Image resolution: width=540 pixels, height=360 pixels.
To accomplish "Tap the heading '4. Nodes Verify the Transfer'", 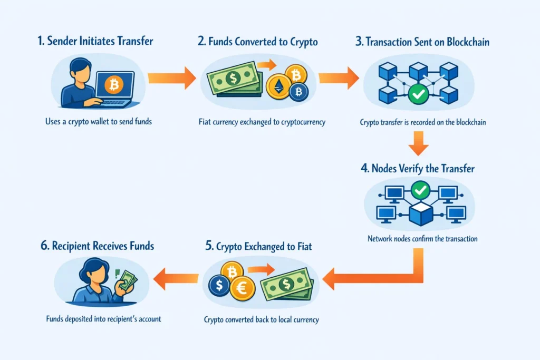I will click(418, 169).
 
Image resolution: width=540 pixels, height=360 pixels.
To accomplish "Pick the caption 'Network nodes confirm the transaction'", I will click(422, 239).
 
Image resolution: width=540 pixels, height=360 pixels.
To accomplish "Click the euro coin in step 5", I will click(242, 288).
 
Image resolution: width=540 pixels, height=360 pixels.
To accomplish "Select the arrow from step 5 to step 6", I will click(175, 279).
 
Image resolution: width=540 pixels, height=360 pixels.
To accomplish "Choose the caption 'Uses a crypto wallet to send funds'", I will click(99, 122).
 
